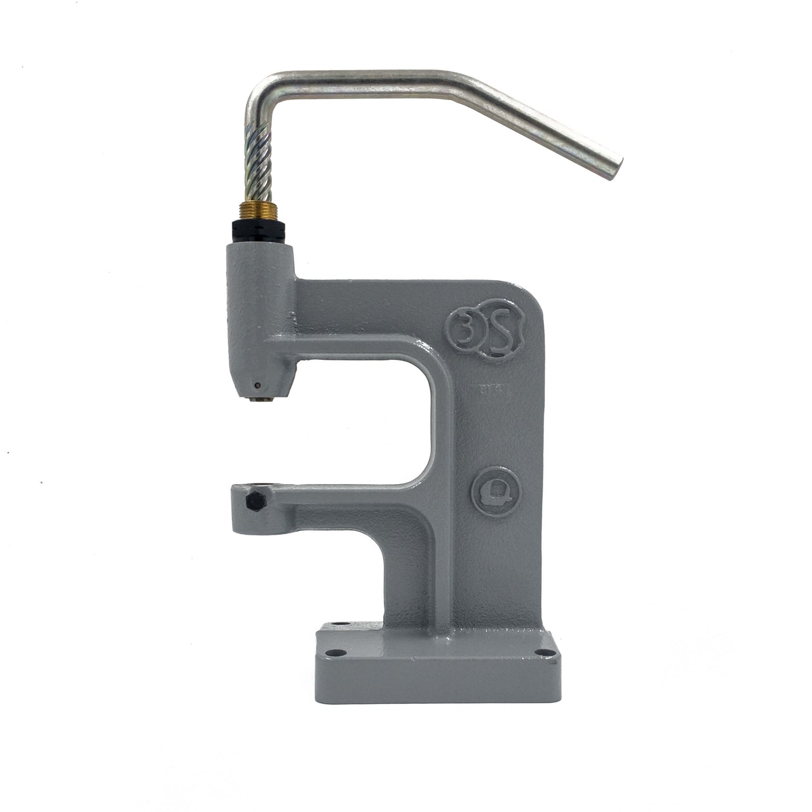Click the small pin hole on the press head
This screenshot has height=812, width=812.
coord(257,386)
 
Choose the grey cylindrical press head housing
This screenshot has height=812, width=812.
coord(260,313)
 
